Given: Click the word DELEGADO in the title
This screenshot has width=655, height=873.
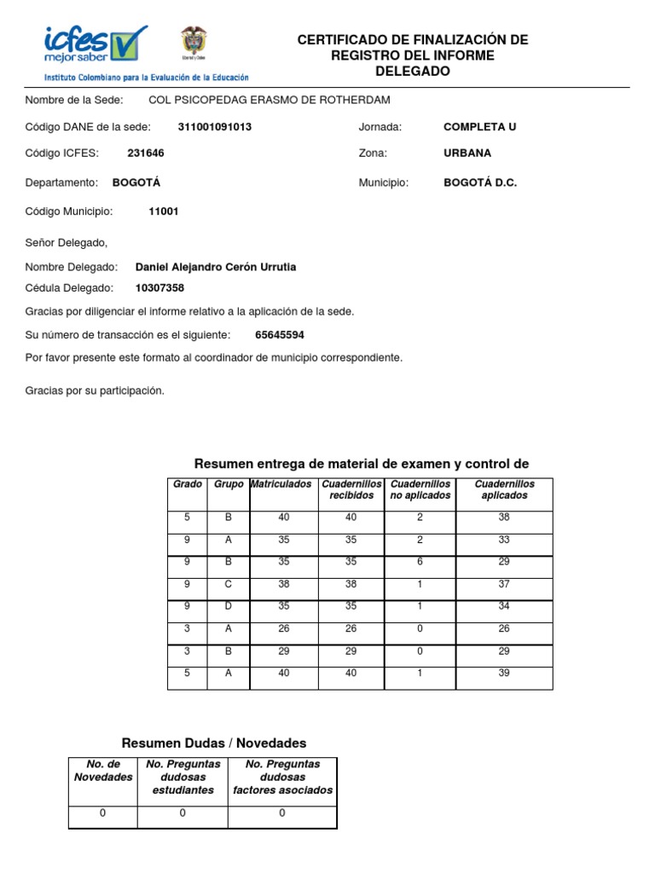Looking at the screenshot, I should click(x=412, y=72).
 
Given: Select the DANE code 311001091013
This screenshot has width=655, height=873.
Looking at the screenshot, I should click(x=214, y=127).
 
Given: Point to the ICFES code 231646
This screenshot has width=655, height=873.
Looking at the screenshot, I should click(x=146, y=153).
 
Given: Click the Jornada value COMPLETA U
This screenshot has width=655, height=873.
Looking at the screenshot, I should click(x=479, y=127).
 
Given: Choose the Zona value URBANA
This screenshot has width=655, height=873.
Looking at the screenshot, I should click(x=467, y=153).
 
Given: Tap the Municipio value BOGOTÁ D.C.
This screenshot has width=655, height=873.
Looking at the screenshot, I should click(x=480, y=182).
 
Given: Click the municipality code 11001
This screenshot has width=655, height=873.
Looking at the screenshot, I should click(x=164, y=211).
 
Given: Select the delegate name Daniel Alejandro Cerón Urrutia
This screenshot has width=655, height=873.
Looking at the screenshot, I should click(x=216, y=267).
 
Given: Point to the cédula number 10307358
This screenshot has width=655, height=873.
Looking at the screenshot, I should click(x=159, y=288).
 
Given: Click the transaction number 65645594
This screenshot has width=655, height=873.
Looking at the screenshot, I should click(x=280, y=335).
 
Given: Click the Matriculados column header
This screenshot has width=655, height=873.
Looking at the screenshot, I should click(x=281, y=484).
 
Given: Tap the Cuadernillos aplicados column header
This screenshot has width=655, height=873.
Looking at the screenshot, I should click(x=504, y=489).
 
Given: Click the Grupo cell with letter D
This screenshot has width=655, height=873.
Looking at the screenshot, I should click(x=228, y=607).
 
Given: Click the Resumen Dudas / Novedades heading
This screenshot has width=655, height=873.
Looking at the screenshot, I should click(x=214, y=743).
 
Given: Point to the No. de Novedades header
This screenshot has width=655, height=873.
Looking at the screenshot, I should click(x=103, y=771).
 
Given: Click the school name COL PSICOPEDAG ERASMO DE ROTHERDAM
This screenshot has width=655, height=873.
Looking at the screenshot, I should click(x=270, y=101).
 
